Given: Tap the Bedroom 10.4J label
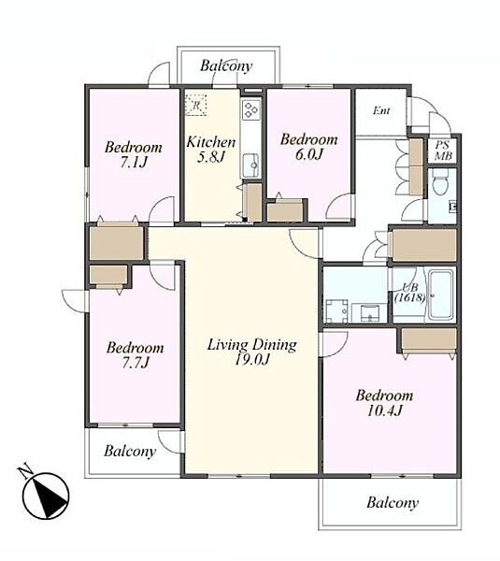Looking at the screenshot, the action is (384, 403).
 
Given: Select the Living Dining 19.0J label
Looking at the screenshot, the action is (251, 352).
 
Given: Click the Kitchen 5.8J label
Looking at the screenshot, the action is (211, 150).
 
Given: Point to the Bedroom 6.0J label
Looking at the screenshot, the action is (309, 147).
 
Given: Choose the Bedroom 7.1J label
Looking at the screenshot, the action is (134, 154).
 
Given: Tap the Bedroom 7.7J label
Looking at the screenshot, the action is (136, 355).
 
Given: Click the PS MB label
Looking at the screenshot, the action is (443, 151).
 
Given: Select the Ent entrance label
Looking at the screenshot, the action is (381, 111).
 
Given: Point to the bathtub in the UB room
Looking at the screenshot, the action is (441, 295).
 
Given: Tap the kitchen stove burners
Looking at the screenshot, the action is (250, 109).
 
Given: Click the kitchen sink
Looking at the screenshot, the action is (251, 165).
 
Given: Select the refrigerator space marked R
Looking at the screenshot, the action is (196, 105).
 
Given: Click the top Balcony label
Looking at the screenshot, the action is (226, 65).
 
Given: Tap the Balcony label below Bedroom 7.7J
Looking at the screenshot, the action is (130, 452).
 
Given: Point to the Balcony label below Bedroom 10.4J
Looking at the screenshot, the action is (393, 503).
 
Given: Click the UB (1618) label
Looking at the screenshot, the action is (410, 293).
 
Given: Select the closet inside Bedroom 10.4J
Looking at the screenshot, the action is (429, 341).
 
